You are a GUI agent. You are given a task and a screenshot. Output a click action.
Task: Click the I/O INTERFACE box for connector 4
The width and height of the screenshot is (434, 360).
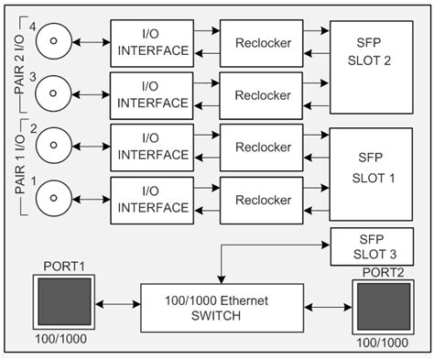[151, 42]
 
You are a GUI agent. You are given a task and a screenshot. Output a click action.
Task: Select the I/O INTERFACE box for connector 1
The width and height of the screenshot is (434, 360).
[151, 200]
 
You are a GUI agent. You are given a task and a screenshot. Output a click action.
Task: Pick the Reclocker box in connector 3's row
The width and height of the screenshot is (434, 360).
[263, 95]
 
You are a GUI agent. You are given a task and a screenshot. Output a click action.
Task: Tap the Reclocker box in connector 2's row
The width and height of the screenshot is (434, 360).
[263, 147]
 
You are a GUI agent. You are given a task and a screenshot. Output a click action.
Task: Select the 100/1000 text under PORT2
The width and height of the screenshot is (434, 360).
[382, 343]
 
